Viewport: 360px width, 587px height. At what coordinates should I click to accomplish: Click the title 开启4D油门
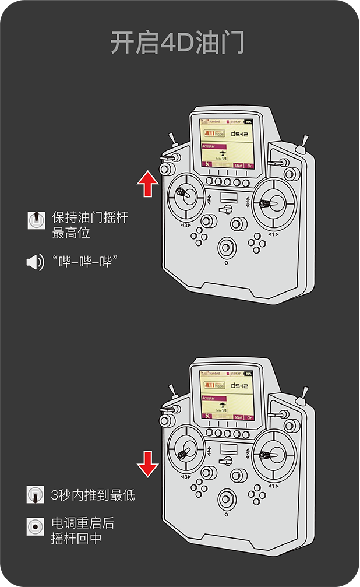point(177,43)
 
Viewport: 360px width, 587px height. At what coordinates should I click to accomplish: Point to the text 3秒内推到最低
point(93,495)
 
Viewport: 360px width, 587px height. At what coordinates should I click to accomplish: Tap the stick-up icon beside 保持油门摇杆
point(36,220)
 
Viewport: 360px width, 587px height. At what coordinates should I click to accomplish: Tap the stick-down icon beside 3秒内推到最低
point(36,495)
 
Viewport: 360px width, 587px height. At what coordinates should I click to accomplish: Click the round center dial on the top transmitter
point(226,248)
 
